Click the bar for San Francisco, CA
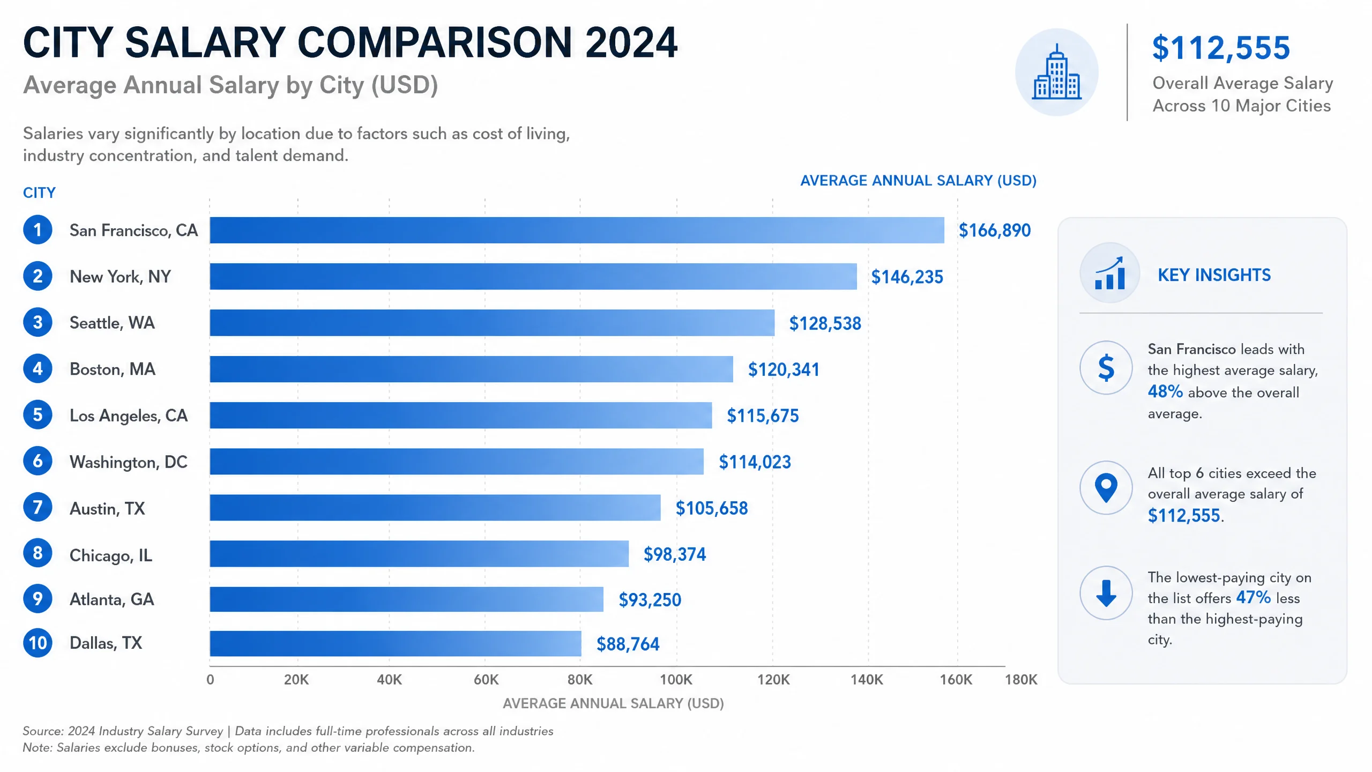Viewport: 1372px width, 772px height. (577, 230)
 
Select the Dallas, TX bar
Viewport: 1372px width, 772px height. (396, 643)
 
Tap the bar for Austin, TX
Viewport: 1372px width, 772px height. (435, 507)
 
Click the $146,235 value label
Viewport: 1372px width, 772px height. (907, 277)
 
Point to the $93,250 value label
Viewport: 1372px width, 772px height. (650, 599)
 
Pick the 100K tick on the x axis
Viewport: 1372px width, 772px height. (676, 680)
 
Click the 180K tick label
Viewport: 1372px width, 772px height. (1021, 680)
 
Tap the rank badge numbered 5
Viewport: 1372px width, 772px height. (38, 414)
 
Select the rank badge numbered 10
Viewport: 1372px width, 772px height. (38, 643)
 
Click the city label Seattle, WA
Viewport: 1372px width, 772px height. (112, 323)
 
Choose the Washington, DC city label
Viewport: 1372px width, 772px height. (129, 462)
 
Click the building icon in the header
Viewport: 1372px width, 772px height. (1057, 72)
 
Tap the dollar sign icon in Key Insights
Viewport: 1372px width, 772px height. (1106, 368)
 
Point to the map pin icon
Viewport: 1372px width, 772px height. (1106, 488)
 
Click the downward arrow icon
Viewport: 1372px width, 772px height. (1106, 593)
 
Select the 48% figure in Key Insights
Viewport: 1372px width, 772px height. (1165, 391)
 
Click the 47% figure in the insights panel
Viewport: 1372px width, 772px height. (1254, 597)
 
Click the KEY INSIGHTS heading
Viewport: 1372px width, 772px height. (1214, 275)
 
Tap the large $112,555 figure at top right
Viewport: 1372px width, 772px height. (1221, 48)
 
